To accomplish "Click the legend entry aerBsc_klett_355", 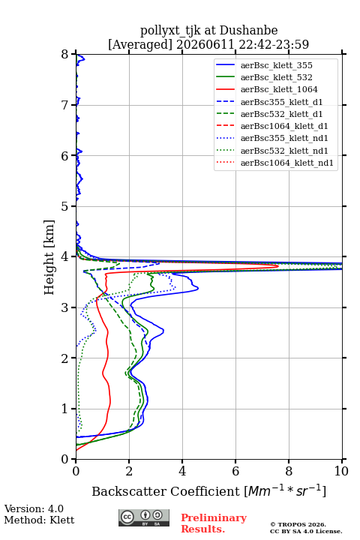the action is [264, 65].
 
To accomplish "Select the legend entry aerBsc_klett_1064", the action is [267, 89].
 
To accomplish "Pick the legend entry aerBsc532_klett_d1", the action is [269, 114].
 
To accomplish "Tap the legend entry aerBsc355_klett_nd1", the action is [271, 138].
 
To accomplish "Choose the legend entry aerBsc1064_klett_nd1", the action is [274, 163].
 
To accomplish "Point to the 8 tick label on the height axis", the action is [65, 55].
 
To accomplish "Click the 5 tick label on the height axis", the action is [65, 206].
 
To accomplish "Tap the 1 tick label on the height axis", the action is [65, 409].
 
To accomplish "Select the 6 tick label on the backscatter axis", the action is [235, 471].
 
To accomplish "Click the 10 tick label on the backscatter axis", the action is [341, 471].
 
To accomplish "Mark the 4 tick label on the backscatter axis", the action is [182, 471].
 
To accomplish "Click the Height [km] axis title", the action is [49, 257].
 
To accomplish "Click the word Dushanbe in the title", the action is [248, 31].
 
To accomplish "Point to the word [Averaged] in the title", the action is [140, 44].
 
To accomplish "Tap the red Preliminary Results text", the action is [214, 523].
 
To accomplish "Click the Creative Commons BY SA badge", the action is [144, 518].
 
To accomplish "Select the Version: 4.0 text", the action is [34, 508].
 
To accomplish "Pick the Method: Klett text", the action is [39, 520].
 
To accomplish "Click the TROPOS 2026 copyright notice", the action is [306, 527].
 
